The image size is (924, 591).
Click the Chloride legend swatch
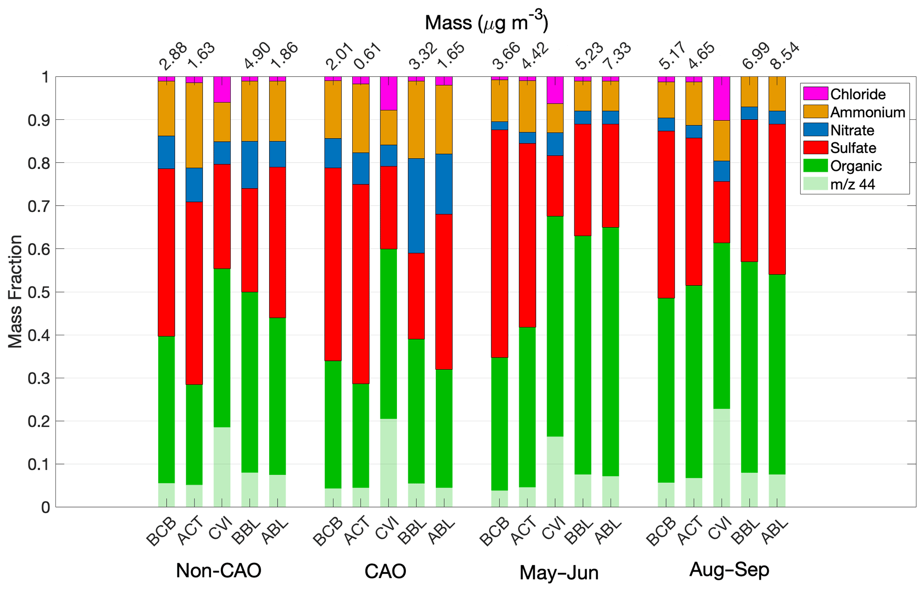click(815, 94)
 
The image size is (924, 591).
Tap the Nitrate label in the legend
click(852, 130)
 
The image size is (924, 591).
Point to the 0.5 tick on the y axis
click(40, 292)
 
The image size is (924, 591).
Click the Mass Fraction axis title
click(15, 291)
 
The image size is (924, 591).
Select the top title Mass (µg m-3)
click(486, 22)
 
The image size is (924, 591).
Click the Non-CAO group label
click(218, 571)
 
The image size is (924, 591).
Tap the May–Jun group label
click(559, 573)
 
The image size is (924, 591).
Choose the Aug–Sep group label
click(729, 570)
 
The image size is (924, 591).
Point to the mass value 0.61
click(367, 57)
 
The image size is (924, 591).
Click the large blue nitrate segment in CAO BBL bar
click(416, 206)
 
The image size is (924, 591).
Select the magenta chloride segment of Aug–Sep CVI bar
click(721, 98)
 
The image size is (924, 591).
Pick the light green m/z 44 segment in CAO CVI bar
click(388, 463)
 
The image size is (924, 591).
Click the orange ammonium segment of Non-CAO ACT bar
click(194, 125)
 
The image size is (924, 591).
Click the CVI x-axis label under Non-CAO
click(220, 528)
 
